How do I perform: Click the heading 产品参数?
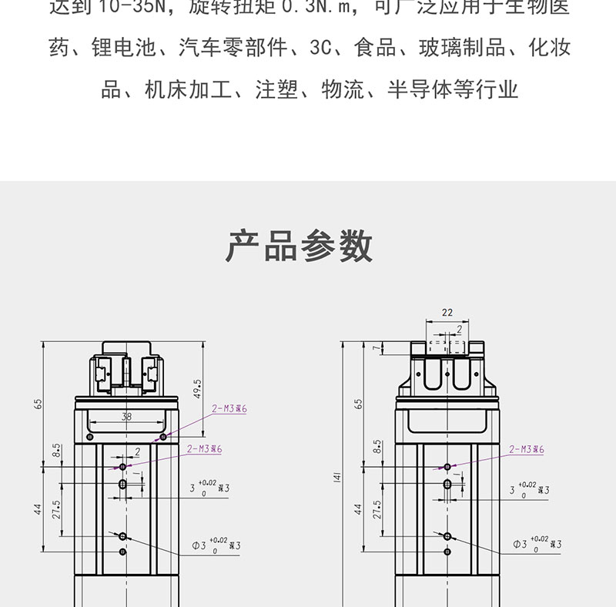(300, 246)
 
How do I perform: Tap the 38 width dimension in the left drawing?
(126, 418)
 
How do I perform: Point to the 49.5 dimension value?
(197, 388)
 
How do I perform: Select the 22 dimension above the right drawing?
(447, 314)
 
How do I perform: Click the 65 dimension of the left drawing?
(38, 404)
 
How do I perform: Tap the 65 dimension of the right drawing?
(358, 404)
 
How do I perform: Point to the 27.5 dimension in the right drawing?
(377, 509)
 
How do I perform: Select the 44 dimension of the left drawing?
(38, 509)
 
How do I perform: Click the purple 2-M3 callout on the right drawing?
(527, 449)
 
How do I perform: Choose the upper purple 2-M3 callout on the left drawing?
(229, 409)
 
